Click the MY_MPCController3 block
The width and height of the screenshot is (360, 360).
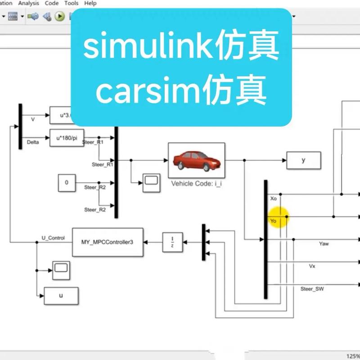[x=107, y=242]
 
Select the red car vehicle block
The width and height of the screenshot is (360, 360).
[x=196, y=161]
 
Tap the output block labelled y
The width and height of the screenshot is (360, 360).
[x=303, y=160]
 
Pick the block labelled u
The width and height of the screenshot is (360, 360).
[x=61, y=295]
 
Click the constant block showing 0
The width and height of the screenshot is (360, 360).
[x=67, y=183]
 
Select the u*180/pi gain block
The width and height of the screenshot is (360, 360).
[x=65, y=138]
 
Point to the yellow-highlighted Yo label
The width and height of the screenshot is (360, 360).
[x=274, y=221]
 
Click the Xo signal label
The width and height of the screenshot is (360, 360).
[x=273, y=198]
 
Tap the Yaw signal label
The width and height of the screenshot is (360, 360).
[x=324, y=243]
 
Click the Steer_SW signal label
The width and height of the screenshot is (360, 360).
[x=312, y=288]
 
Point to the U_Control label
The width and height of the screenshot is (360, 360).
[x=53, y=238]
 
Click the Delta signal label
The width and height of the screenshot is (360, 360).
[x=33, y=142]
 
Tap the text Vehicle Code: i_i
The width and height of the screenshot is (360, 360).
[x=196, y=183]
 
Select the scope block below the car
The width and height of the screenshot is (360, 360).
[x=151, y=181]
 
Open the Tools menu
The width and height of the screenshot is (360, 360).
[x=71, y=3]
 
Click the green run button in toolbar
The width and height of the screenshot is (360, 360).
[x=59, y=17]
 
